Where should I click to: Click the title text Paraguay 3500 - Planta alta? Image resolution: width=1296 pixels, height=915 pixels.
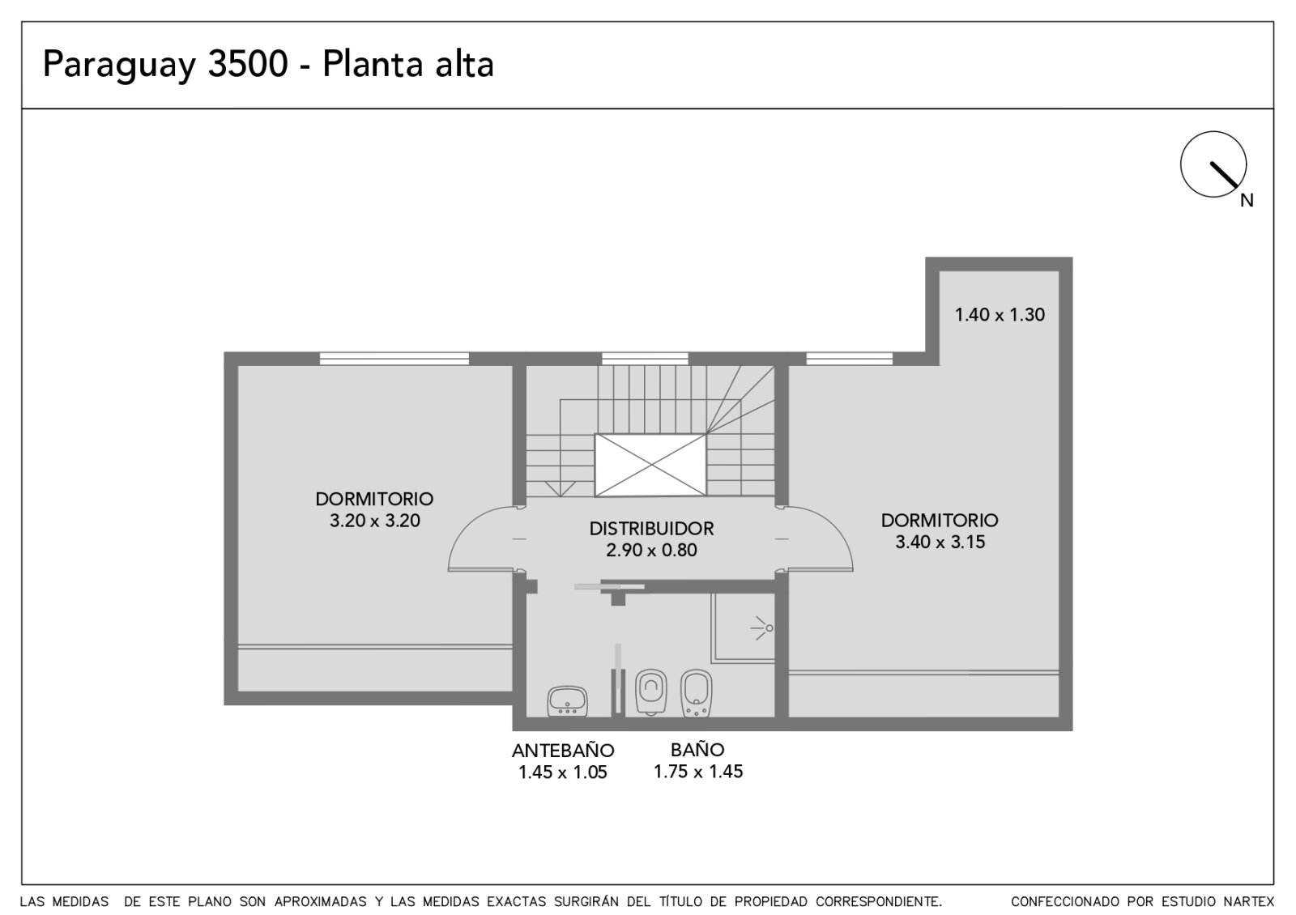click(268, 65)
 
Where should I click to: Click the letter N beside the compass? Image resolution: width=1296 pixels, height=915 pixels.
click(1247, 201)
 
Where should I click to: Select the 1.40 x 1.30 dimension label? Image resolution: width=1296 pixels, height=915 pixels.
click(1000, 315)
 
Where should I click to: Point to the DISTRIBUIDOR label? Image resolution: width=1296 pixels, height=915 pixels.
click(651, 529)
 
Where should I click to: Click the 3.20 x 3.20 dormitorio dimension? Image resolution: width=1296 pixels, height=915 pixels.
click(375, 521)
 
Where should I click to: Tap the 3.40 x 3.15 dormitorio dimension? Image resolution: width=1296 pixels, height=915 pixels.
click(940, 542)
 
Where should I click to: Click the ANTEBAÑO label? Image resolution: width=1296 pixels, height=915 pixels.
click(563, 751)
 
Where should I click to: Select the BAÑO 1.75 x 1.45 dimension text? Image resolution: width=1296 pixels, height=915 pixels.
click(698, 772)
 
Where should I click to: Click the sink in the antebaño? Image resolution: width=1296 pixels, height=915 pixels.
click(567, 701)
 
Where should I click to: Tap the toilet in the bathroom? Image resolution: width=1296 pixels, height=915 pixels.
click(651, 692)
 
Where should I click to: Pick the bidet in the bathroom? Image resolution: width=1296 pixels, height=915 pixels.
click(696, 693)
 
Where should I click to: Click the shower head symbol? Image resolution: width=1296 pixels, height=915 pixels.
click(762, 628)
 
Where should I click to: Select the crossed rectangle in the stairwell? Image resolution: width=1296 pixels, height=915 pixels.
click(651, 465)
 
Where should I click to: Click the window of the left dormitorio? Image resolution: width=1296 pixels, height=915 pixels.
click(394, 359)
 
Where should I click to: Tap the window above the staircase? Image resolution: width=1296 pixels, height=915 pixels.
click(645, 359)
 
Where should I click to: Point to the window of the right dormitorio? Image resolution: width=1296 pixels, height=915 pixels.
click(850, 359)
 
